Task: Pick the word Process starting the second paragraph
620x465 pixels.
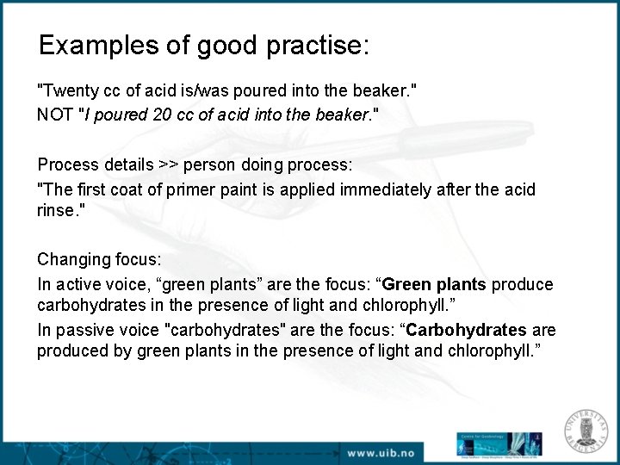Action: pos(65,164)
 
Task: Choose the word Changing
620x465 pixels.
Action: pos(69,260)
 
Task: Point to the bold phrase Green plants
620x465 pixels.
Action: pos(434,284)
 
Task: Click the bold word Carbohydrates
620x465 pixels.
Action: pos(466,331)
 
